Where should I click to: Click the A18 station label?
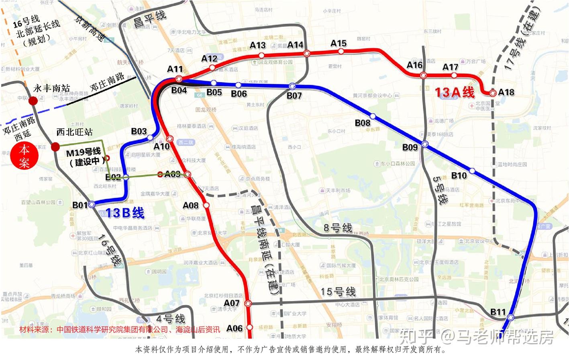click(506, 92)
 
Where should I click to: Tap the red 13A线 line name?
click(455, 92)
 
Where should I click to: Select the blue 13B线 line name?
click(125, 213)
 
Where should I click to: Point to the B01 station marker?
click(92, 204)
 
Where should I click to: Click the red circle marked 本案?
click(24, 156)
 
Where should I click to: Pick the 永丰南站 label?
click(51, 88)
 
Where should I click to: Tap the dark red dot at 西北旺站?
click(55, 146)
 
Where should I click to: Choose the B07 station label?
click(294, 96)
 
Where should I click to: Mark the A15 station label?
click(339, 43)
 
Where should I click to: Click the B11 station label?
click(498, 312)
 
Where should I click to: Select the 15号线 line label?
click(338, 292)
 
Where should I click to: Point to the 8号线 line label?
click(338, 228)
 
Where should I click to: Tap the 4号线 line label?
click(171, 319)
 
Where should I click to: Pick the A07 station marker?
click(248, 303)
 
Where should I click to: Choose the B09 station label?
click(410, 147)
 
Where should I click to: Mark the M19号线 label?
click(83, 153)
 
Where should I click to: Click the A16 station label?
click(414, 65)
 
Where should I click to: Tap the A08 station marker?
click(206, 205)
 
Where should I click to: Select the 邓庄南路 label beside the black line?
click(107, 81)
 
